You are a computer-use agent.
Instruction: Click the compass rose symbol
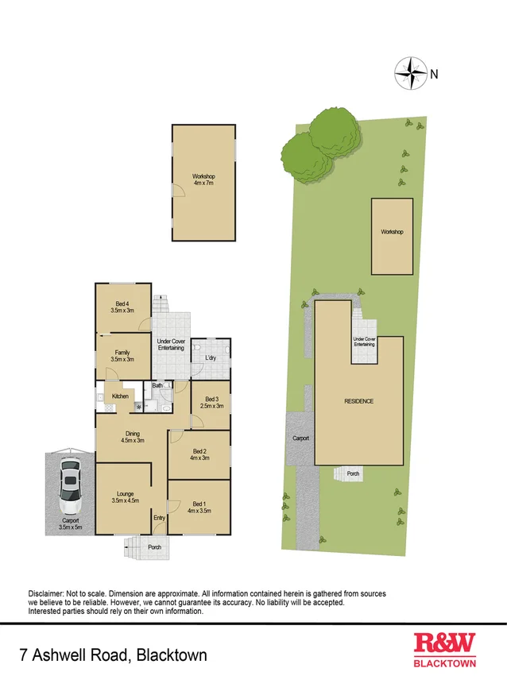(x=410, y=73)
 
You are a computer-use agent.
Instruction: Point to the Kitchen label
(x=120, y=396)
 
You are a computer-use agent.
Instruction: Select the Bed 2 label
(x=199, y=454)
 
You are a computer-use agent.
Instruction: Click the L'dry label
(x=211, y=358)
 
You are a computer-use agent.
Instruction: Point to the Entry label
(x=160, y=518)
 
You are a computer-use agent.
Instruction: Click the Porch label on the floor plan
(x=155, y=546)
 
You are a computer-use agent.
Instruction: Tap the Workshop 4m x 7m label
(x=203, y=180)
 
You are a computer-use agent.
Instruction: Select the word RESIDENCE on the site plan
(x=358, y=401)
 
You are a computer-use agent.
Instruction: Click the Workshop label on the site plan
(x=392, y=232)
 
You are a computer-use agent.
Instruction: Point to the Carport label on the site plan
(x=300, y=438)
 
